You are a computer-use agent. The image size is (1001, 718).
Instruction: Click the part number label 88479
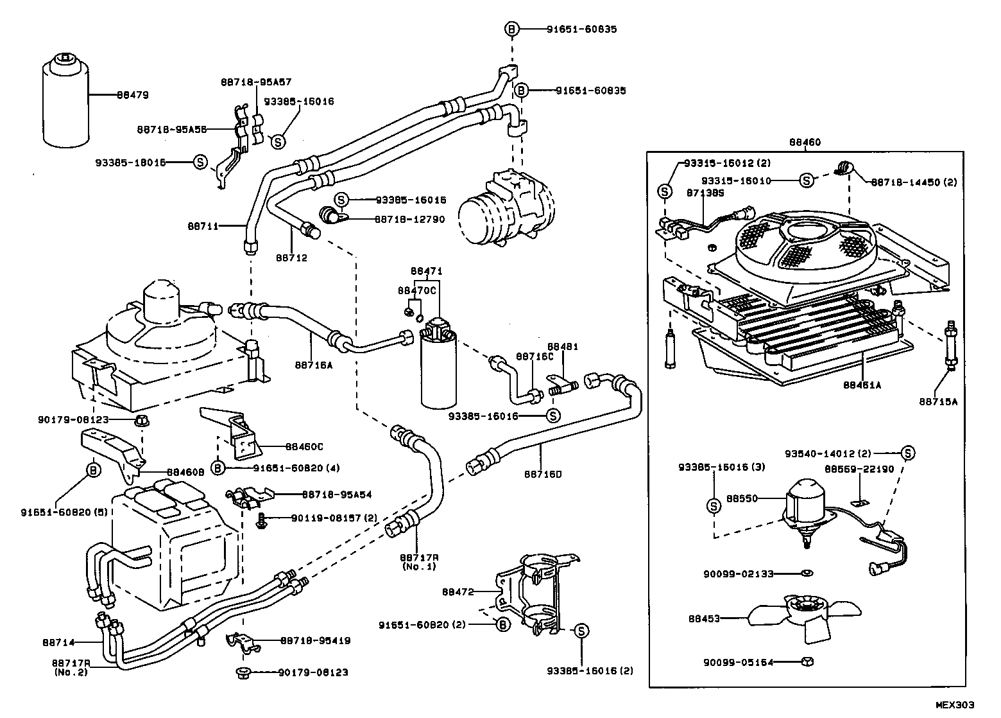132,95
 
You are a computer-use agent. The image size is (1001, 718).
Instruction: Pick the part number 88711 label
203,226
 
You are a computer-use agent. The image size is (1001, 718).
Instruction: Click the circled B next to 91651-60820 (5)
94,470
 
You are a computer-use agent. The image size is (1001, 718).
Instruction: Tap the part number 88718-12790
409,219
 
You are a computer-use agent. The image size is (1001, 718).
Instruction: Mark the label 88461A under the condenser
862,386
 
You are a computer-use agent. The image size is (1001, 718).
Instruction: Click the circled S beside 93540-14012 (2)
908,453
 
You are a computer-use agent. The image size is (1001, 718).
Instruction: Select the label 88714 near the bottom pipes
59,642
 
